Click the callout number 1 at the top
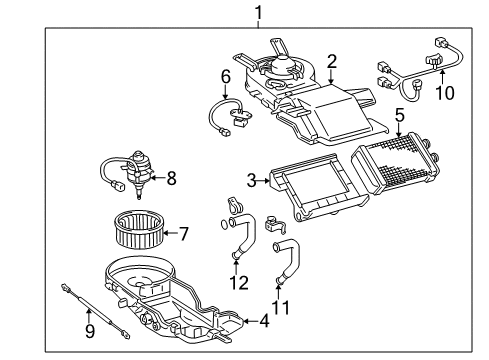point(259,13)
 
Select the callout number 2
point(331,61)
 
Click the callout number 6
point(226,76)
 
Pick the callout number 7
point(183,234)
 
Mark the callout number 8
point(171,179)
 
